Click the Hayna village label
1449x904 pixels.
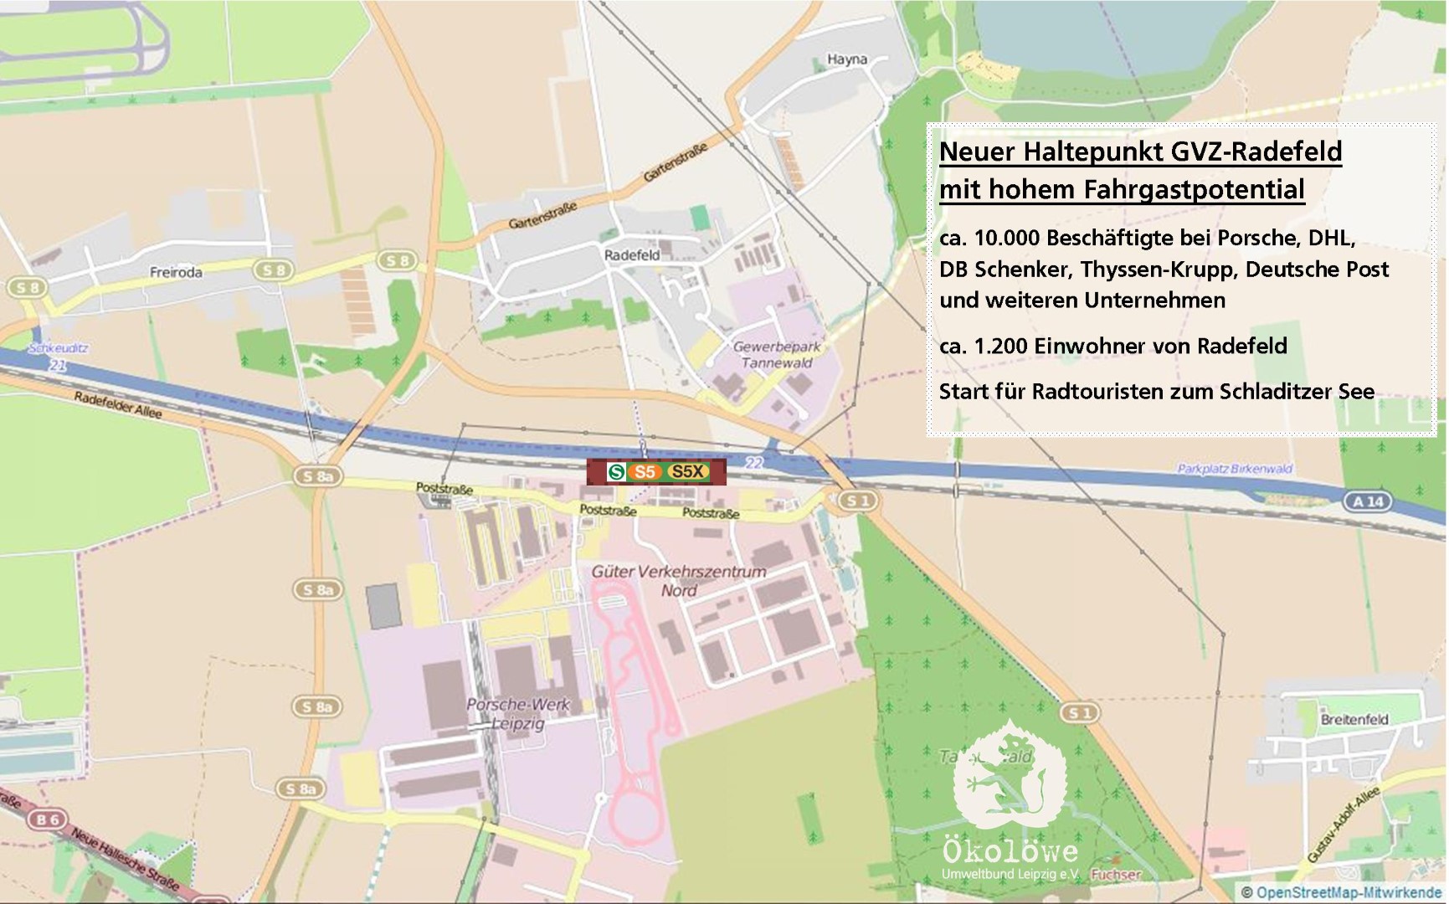[846, 59]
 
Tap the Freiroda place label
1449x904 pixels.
[176, 272]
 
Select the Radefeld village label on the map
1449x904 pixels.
[632, 254]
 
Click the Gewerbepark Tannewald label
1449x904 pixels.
[776, 354]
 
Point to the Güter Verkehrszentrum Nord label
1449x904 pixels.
[678, 581]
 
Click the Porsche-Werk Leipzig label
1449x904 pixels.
[517, 713]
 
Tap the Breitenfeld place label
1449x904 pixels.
[1354, 719]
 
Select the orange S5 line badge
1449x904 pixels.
[645, 472]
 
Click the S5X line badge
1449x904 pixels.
[688, 472]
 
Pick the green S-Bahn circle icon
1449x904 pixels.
[616, 472]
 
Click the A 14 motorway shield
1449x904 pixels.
[1368, 501]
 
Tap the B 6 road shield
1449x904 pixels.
[48, 819]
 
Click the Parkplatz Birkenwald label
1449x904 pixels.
[1235, 469]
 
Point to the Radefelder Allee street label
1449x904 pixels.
[118, 405]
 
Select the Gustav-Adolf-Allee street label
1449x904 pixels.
[1342, 824]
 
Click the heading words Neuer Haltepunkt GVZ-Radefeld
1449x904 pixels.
[1140, 152]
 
